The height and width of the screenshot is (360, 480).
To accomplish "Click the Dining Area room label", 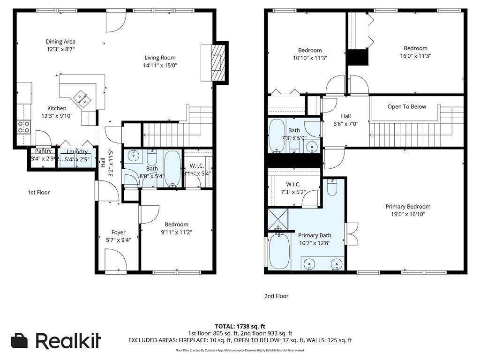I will point(60,42).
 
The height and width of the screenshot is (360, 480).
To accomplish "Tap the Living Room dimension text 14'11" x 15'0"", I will point(160,65).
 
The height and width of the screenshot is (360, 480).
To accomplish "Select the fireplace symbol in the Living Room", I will point(217,63).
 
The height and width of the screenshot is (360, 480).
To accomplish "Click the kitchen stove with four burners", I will point(24,127).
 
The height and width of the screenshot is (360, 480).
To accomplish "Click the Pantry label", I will point(43,151).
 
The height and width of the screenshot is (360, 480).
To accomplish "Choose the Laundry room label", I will point(77,152).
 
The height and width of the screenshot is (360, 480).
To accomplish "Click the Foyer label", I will point(118,232).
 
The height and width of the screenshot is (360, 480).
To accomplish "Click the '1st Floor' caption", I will point(38,193).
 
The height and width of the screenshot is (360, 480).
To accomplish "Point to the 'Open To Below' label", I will point(407,106).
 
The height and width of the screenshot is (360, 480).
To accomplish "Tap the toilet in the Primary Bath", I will point(331,188).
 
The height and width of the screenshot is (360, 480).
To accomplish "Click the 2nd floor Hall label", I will point(345,116).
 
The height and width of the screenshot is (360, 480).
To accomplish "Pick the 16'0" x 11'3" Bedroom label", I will point(415,48).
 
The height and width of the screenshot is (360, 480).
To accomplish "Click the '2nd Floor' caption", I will point(276,296).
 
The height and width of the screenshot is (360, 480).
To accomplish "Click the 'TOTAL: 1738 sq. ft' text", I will point(240,326).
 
